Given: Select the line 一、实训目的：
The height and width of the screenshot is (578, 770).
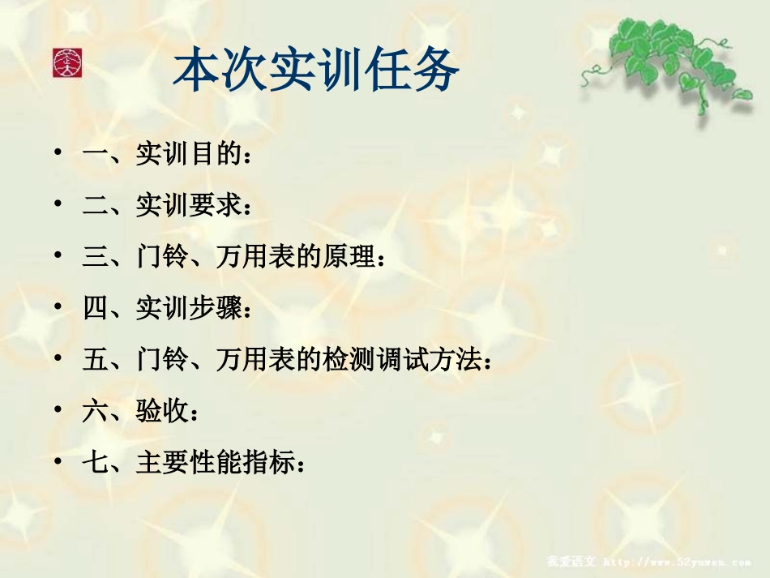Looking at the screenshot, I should tap(166, 155).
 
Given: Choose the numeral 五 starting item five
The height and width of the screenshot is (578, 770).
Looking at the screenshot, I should tap(95, 360).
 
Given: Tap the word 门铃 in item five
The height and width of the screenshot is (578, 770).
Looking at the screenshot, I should tap(162, 360).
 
